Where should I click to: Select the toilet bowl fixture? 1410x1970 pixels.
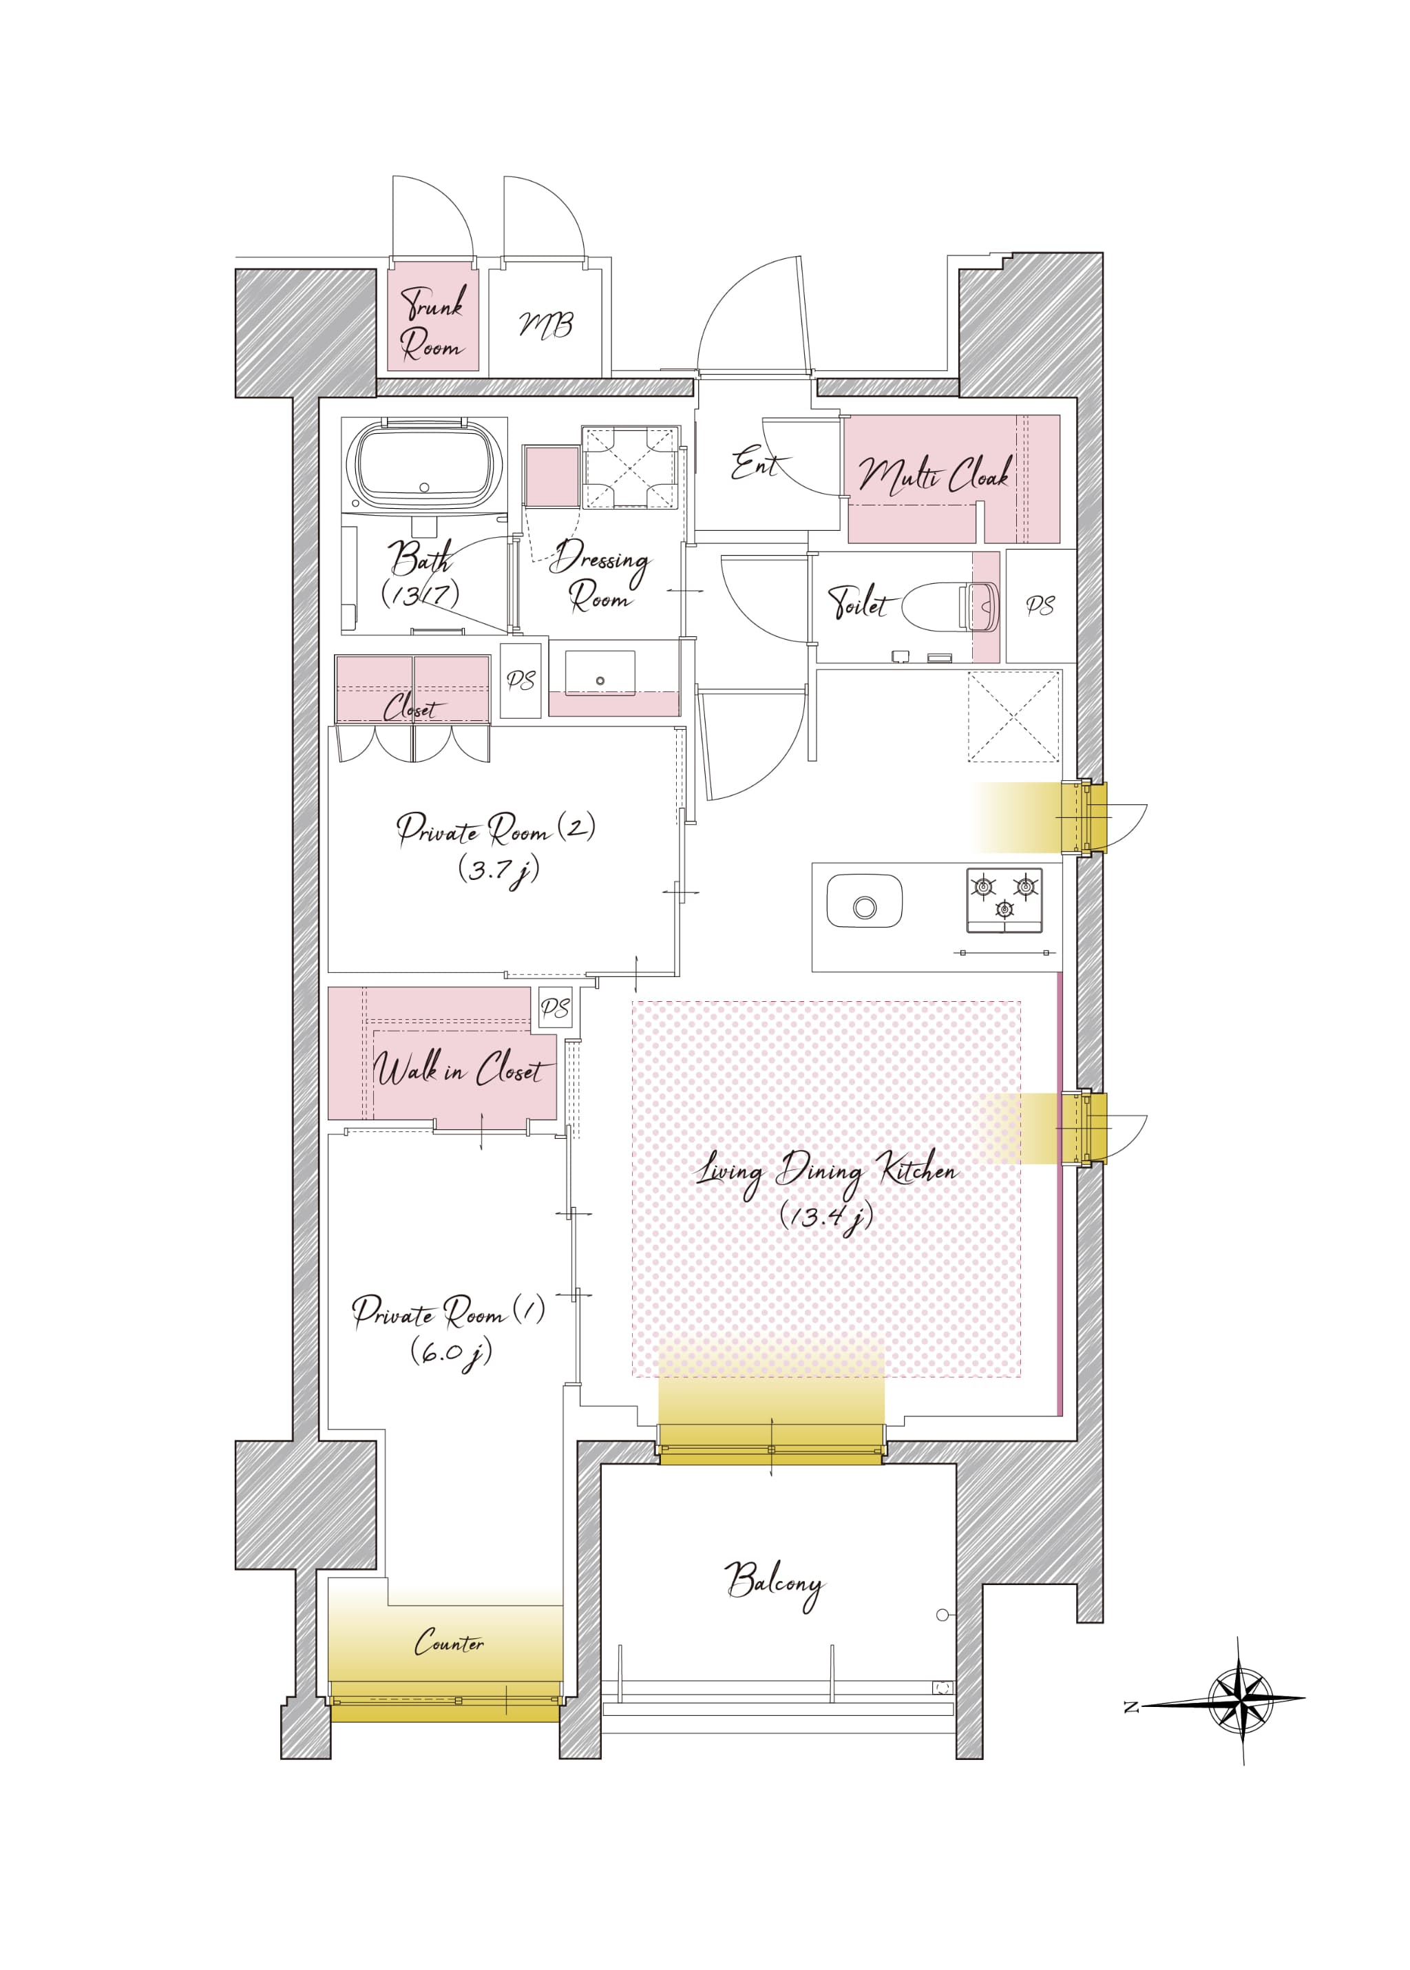coord(950,605)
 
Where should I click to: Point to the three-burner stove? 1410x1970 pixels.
coord(1004,901)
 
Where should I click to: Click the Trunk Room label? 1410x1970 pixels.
coord(432,322)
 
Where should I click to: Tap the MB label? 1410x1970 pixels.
coord(546,325)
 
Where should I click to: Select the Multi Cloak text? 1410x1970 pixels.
coord(934,476)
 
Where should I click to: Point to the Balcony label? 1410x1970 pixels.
coord(774,1585)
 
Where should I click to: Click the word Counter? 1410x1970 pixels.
coord(449,1642)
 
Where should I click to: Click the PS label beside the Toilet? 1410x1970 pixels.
coord(1040,605)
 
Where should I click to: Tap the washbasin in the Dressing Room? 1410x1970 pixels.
coord(600,673)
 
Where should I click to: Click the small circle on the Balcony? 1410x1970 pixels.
coord(942,1615)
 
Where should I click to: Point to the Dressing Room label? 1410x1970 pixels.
coord(599,576)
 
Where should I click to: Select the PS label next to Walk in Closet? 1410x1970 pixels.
coord(555,1008)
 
